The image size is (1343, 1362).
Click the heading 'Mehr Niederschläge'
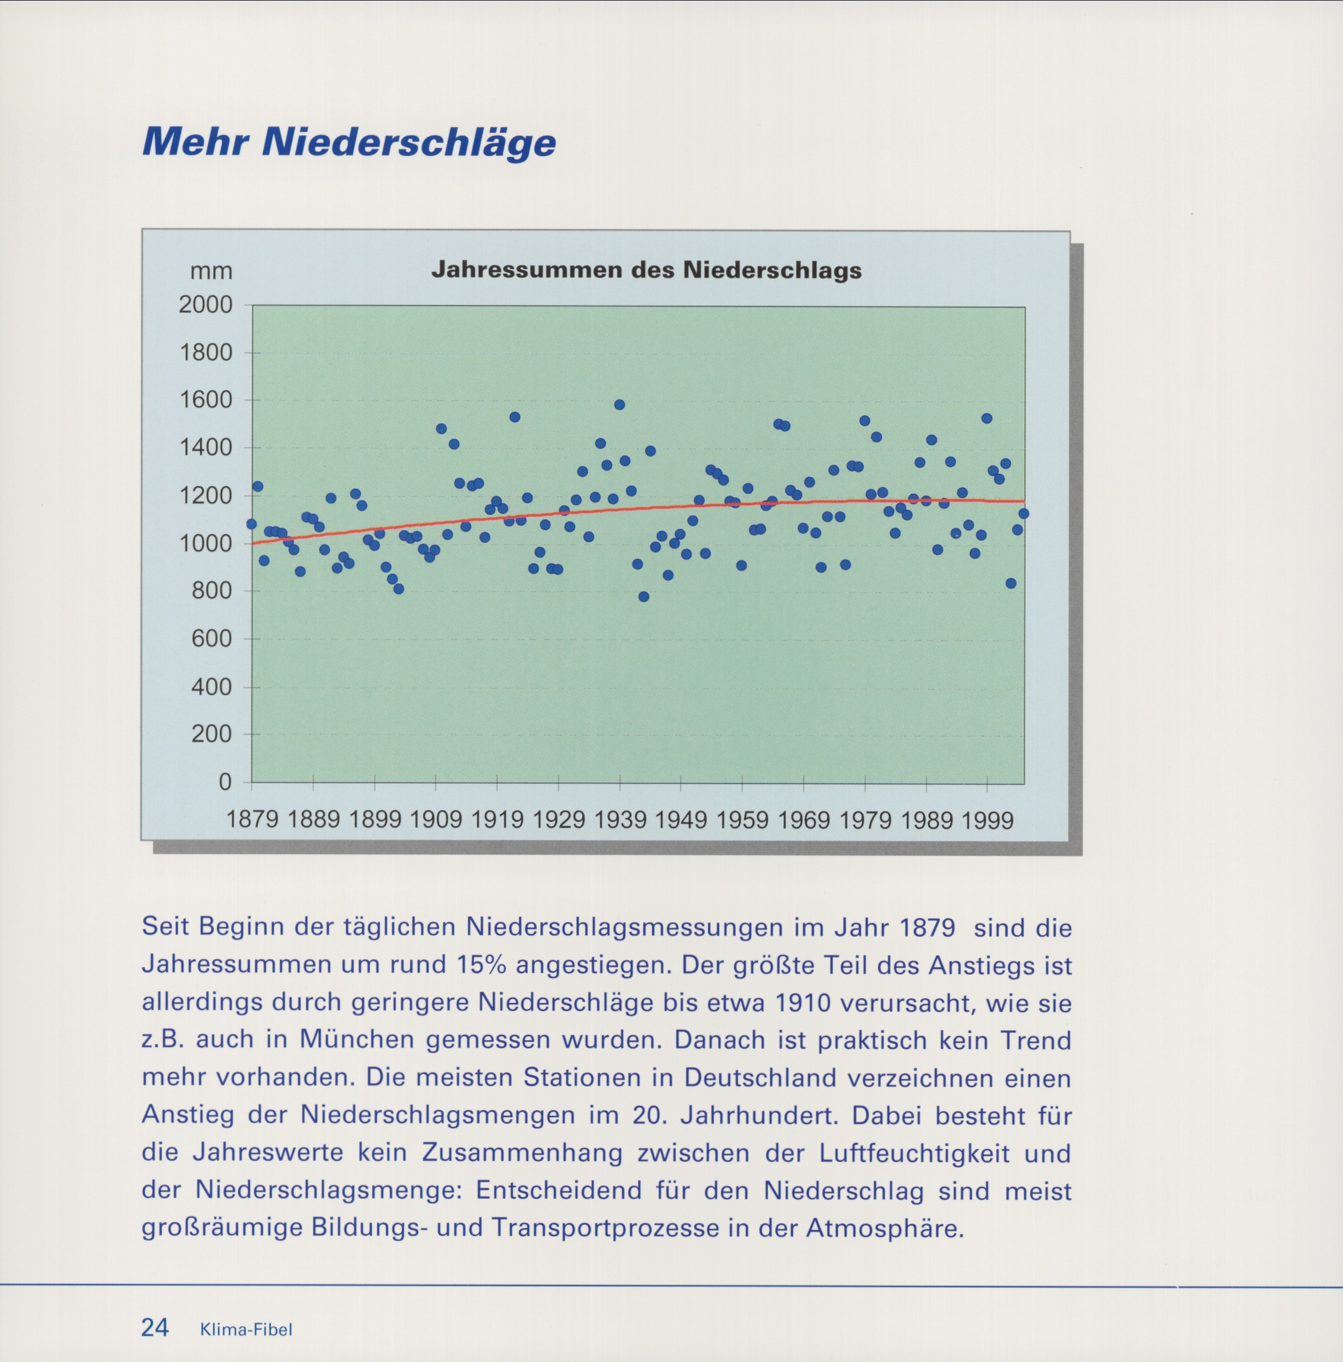coord(349,142)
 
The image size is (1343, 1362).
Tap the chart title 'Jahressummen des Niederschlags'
coord(646,270)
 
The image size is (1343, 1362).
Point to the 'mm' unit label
coord(211,271)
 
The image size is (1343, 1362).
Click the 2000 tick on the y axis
coord(205,305)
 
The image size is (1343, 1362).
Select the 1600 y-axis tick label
coord(205,400)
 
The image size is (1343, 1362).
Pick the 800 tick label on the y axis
coord(211,591)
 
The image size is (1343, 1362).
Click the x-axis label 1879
coord(252,820)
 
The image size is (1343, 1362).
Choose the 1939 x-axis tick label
coord(620,820)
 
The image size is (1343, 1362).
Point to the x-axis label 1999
coord(987,820)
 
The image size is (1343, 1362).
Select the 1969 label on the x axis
coord(804,820)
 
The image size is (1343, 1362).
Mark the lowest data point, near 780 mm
coord(643,596)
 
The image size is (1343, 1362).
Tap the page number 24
coord(155,1327)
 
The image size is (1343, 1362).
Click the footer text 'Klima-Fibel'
coord(246,1329)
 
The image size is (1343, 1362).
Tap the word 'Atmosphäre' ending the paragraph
coord(884,1228)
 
